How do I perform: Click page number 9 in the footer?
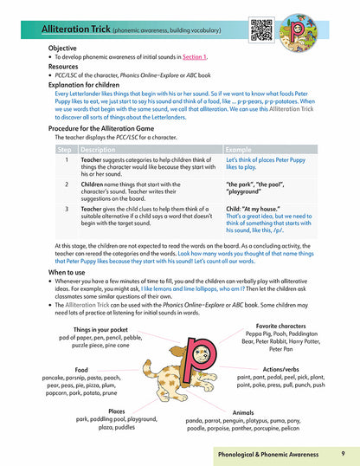coord(343,453)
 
